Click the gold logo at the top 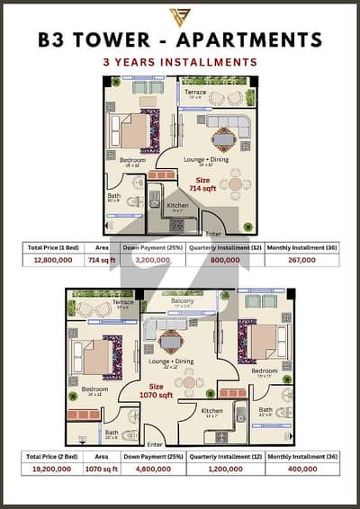tap(180, 14)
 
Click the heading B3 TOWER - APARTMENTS tap(180, 39)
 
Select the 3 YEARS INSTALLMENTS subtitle tap(180, 62)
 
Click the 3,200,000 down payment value tap(154, 259)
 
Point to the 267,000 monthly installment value tap(301, 259)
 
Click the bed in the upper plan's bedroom tap(133, 131)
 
